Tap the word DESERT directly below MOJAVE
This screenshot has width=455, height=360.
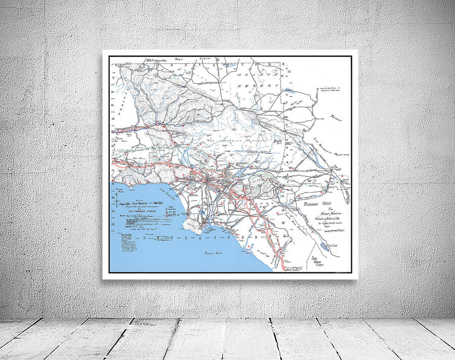266,86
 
